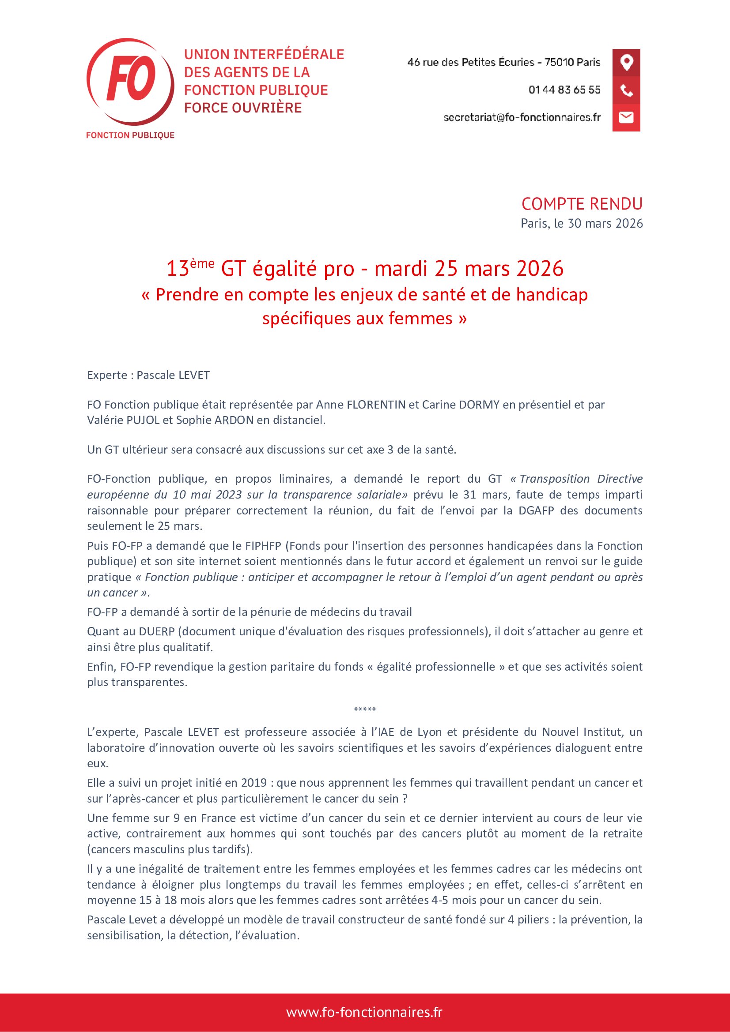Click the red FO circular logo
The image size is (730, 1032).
[130, 81]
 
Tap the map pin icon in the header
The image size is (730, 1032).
[626, 62]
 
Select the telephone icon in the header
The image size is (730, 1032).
[626, 90]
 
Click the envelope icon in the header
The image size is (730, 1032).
[626, 118]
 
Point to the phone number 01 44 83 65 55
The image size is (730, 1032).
[564, 90]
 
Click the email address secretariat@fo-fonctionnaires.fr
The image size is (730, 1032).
[522, 117]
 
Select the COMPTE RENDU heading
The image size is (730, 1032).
[582, 204]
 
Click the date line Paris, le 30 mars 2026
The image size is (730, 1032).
[582, 223]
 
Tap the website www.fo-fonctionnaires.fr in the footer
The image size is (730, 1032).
[364, 1012]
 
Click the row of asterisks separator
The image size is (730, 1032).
[365, 710]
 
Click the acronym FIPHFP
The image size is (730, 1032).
[263, 546]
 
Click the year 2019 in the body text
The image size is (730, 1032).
[254, 783]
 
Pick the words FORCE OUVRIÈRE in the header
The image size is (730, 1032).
[243, 108]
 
